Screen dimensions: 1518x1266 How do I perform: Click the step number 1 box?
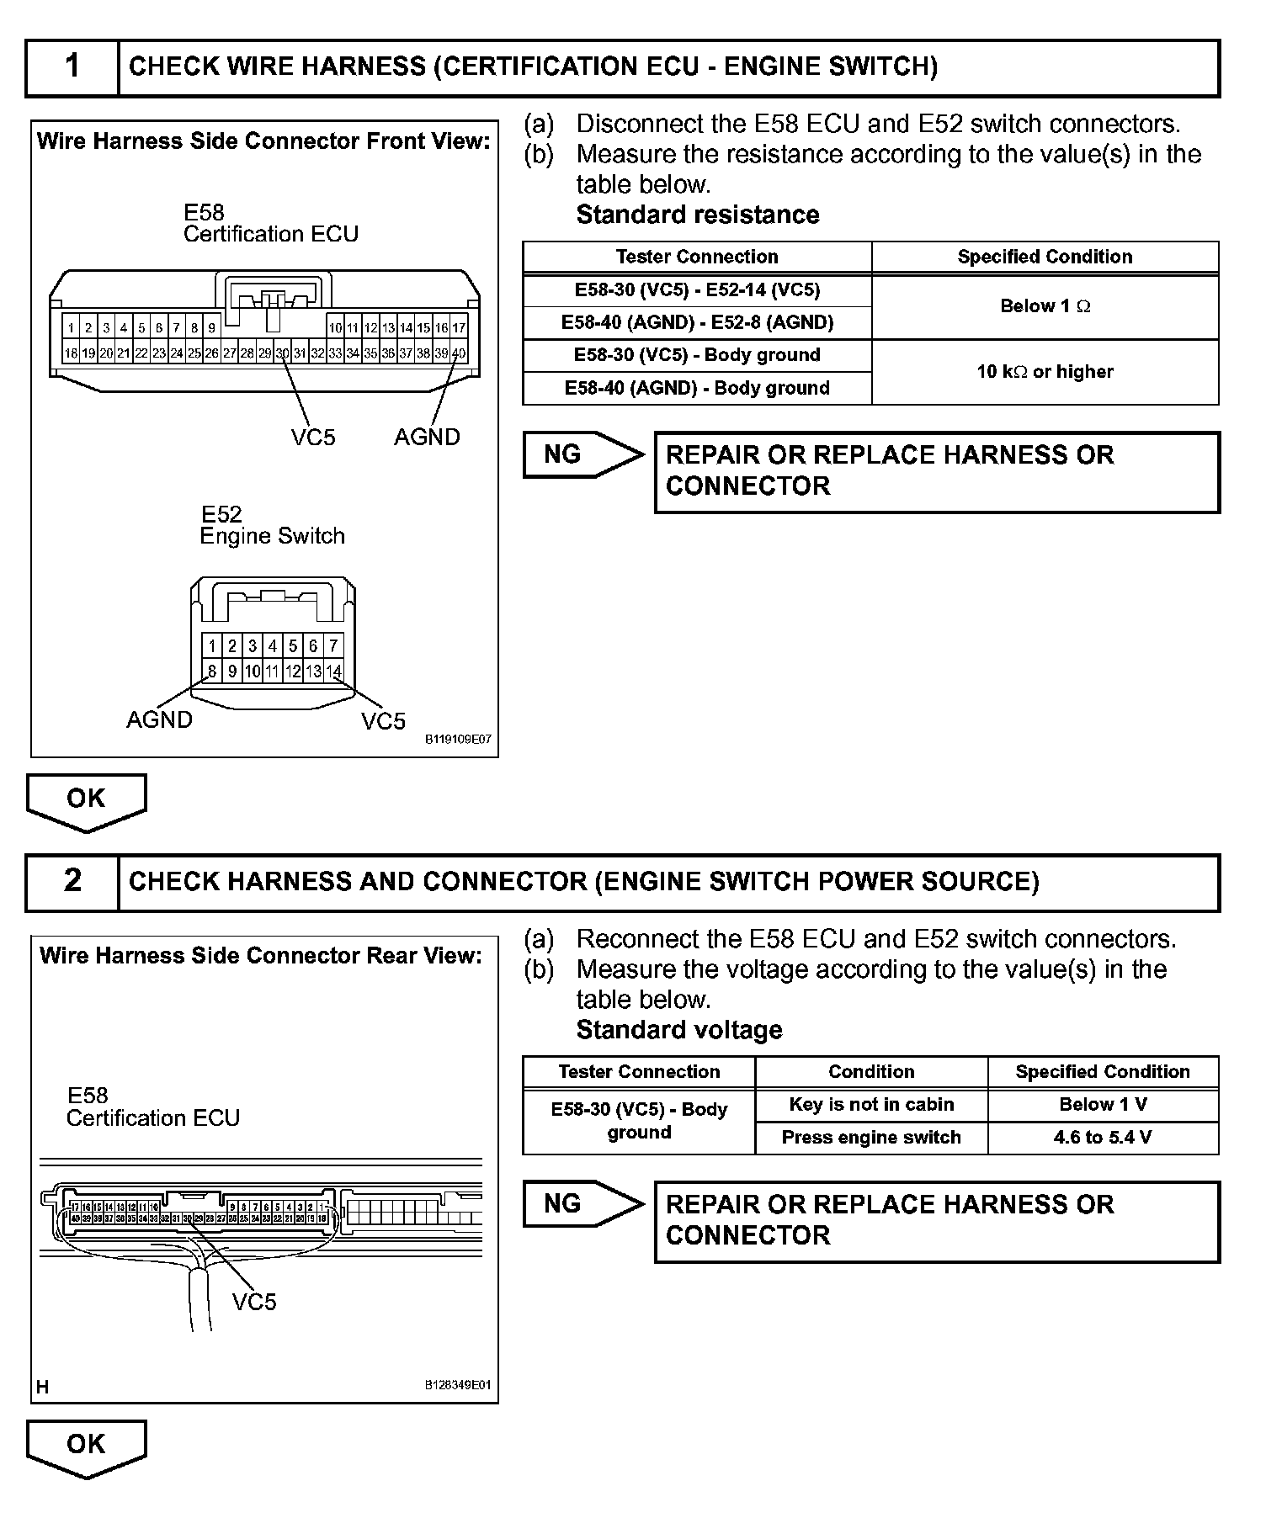tap(72, 66)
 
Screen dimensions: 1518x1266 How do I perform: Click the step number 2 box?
tap(72, 881)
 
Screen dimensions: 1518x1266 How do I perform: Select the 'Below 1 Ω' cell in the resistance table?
tap(1045, 306)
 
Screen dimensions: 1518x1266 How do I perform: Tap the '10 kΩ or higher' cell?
tap(1045, 372)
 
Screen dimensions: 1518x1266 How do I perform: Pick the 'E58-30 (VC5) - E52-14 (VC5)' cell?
tap(697, 290)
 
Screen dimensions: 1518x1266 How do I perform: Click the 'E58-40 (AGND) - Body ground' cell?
tap(697, 388)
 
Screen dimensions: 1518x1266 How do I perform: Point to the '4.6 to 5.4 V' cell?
tap(1102, 1138)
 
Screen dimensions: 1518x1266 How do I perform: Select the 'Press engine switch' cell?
tap(871, 1138)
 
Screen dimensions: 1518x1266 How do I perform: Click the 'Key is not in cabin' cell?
tap(871, 1105)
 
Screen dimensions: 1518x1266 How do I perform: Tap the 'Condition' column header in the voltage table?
tap(871, 1072)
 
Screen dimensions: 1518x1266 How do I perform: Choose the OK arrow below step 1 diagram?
tap(87, 800)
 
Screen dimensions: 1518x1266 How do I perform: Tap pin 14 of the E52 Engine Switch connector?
tap(333, 671)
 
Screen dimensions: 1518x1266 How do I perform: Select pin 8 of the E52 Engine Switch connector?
tap(212, 671)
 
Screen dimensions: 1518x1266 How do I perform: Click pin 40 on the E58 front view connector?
tap(459, 353)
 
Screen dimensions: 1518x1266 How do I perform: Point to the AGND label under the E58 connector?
tap(427, 437)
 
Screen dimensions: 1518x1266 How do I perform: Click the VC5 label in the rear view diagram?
tap(254, 1302)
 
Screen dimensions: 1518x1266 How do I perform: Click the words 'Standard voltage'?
tap(679, 1030)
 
